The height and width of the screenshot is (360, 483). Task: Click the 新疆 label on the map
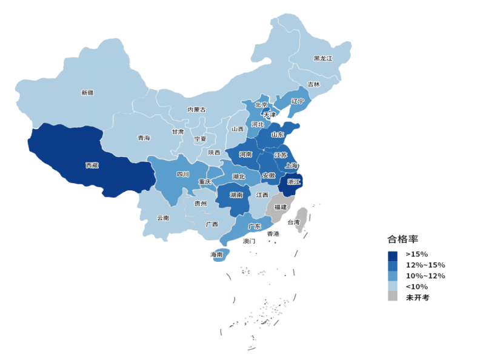[87, 93]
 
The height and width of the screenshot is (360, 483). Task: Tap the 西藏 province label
[92, 165]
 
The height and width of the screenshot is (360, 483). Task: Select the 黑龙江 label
[323, 58]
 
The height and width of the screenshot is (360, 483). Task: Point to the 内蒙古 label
[196, 110]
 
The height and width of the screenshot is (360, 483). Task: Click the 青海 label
[144, 138]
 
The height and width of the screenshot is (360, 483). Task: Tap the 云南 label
[163, 218]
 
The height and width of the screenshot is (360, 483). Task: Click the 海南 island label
[217, 255]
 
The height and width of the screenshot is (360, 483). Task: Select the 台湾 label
[293, 222]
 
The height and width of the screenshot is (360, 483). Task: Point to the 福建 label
[281, 207]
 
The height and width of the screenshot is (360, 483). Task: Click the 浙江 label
[293, 181]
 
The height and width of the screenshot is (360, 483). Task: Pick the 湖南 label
[237, 195]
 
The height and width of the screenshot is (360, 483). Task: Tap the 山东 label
[278, 135]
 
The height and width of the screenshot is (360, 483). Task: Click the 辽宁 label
[298, 101]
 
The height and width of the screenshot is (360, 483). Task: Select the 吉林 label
[313, 84]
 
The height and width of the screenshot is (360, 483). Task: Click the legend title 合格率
[402, 239]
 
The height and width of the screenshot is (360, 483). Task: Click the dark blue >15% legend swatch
[393, 255]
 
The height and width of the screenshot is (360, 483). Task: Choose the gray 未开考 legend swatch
[393, 297]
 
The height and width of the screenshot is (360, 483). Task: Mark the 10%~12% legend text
[425, 276]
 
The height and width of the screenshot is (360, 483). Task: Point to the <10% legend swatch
[393, 286]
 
